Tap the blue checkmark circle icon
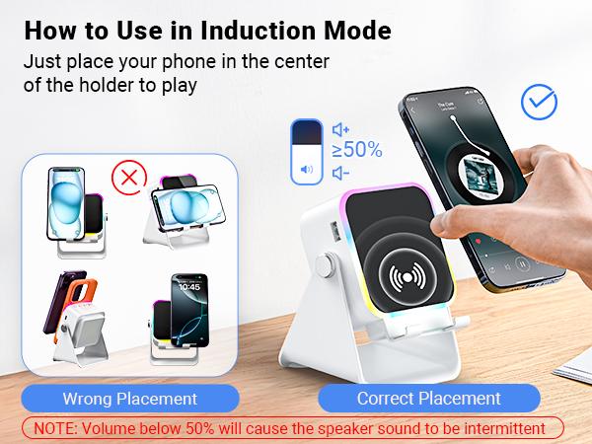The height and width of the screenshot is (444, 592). pos(538,101)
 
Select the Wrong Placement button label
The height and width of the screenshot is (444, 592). pos(130,399)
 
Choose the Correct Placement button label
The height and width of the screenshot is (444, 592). pos(429,399)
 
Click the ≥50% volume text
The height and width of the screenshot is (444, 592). pos(357,151)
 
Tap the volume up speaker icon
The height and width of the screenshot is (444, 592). pos(341,129)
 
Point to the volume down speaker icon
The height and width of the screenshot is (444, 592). pos(341,173)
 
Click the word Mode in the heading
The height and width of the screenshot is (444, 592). pos(358,30)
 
